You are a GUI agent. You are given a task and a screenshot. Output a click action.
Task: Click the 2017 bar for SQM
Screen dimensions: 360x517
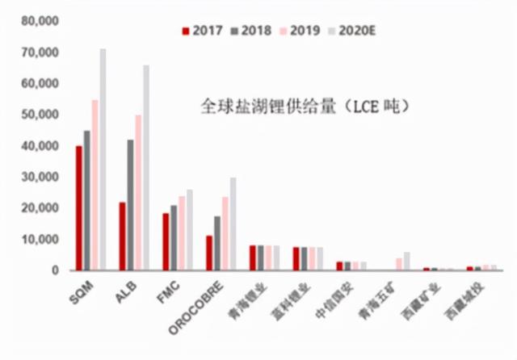[x=78, y=208]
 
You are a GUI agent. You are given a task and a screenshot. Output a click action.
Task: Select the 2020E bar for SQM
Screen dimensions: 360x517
[x=103, y=160]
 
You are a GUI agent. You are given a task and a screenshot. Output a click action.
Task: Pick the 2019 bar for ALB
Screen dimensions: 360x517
[x=138, y=193]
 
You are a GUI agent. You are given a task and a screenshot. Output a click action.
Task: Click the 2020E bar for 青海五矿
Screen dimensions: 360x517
[x=407, y=262]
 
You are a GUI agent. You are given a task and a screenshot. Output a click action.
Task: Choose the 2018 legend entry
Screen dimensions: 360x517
[x=250, y=31]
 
